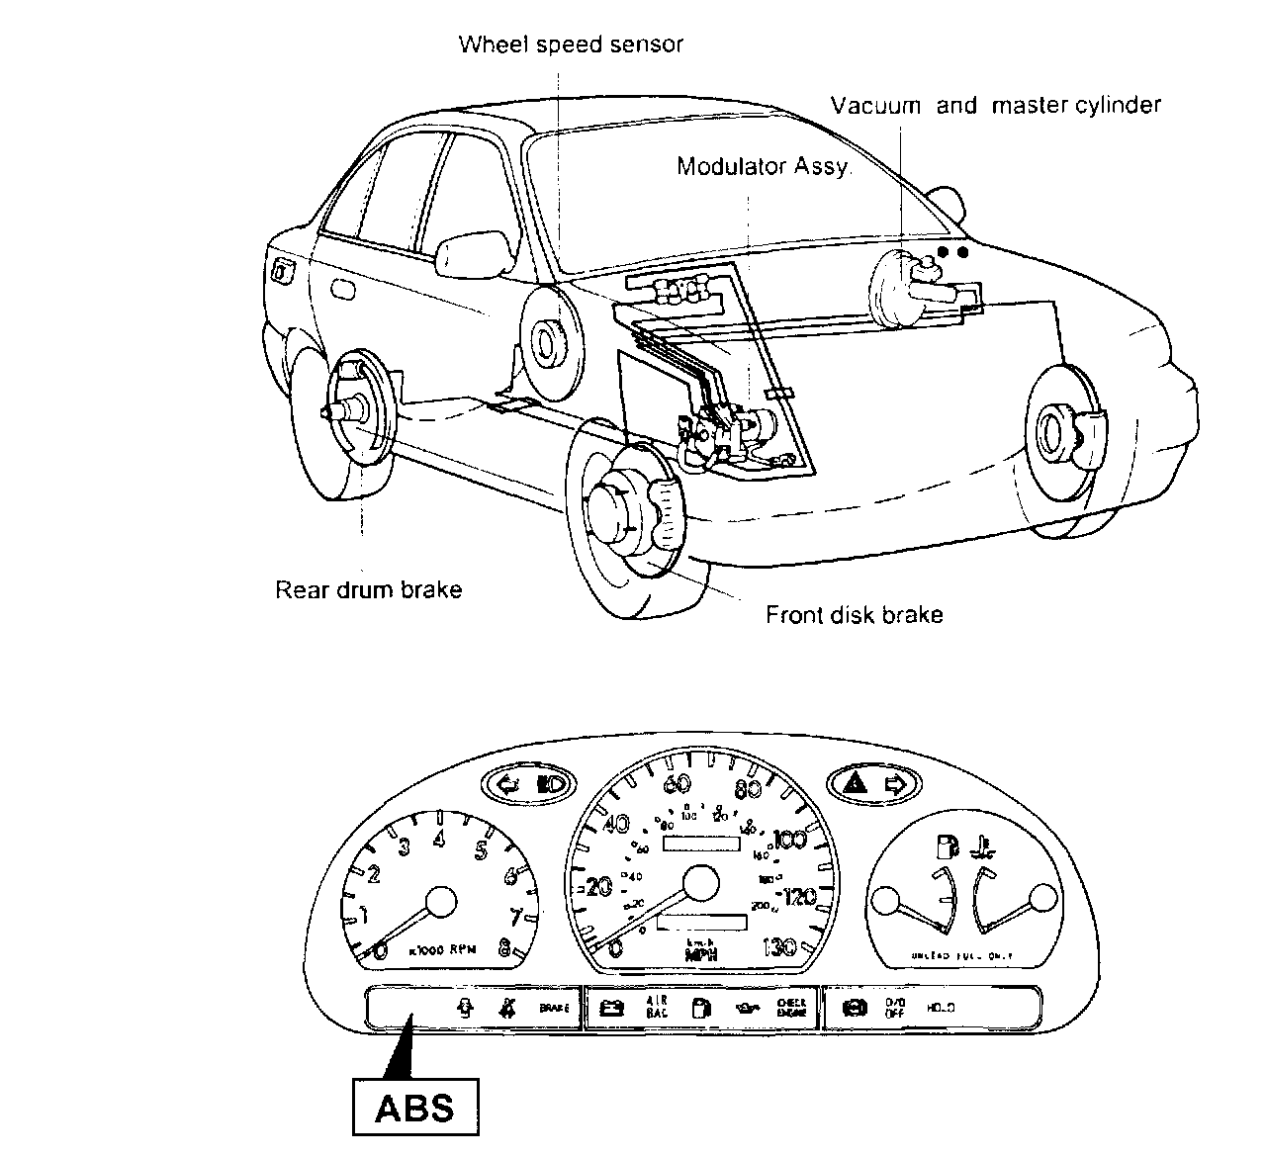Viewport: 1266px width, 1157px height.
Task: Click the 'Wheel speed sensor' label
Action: click(x=571, y=44)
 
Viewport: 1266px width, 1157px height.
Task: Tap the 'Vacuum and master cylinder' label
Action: click(x=995, y=105)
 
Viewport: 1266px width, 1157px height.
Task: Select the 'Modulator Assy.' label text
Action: click(x=763, y=166)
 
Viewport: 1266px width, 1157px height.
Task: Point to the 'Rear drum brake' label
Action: click(x=368, y=590)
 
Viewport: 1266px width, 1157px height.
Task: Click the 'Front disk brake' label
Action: click(x=854, y=615)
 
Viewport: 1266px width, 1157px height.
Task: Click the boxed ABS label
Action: click(x=414, y=1107)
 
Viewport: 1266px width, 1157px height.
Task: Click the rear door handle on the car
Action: click(x=343, y=290)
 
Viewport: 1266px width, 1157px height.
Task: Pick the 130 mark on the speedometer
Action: click(x=780, y=947)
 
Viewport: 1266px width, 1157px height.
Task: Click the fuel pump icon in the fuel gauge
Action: click(x=947, y=846)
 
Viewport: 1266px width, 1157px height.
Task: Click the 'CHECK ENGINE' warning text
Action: click(x=791, y=1008)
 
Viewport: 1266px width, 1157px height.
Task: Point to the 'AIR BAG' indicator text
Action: click(x=659, y=1008)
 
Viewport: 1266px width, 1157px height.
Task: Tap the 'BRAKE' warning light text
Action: click(x=555, y=1009)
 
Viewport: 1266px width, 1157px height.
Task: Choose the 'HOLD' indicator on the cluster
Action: click(x=941, y=1009)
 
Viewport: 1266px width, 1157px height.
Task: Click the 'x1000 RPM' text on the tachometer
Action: click(x=442, y=950)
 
